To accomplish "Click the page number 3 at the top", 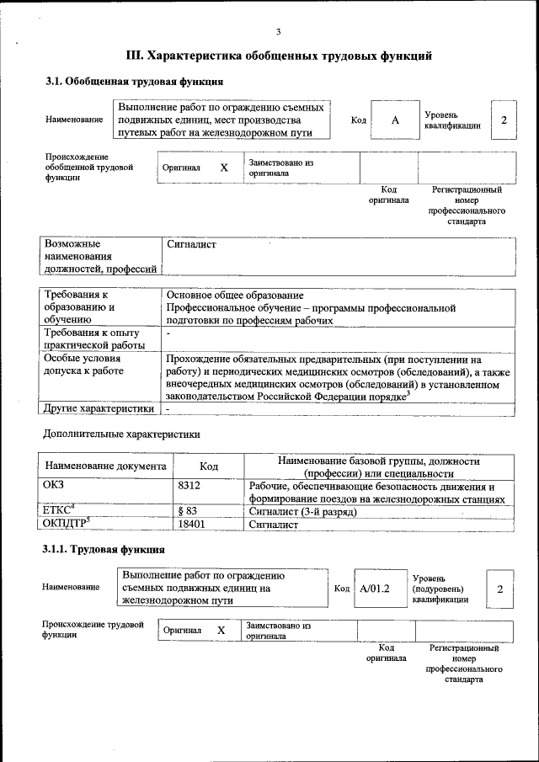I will [278, 32].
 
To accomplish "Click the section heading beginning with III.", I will [279, 56].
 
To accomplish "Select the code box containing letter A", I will [394, 120].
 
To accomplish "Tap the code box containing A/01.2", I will [375, 589].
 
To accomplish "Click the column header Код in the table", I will [209, 466].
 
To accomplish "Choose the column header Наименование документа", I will [106, 466].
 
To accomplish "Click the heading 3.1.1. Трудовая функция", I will [104, 550].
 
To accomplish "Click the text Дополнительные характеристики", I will [121, 434].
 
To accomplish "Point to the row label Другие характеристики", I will [99, 408].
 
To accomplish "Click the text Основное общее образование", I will [235, 296].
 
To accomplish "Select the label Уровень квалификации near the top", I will [452, 120].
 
